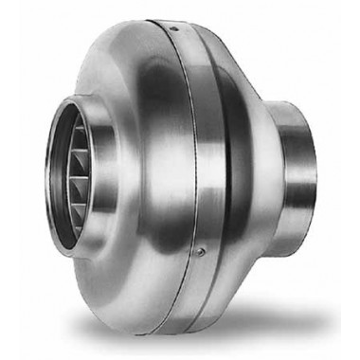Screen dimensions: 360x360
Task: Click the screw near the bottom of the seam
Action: point(203,251)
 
